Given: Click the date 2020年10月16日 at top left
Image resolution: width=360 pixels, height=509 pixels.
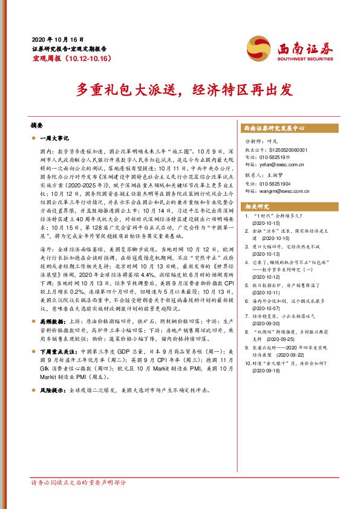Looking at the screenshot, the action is click(x=57, y=38).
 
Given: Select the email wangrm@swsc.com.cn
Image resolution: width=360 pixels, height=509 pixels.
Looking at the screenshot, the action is click(x=289, y=190).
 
